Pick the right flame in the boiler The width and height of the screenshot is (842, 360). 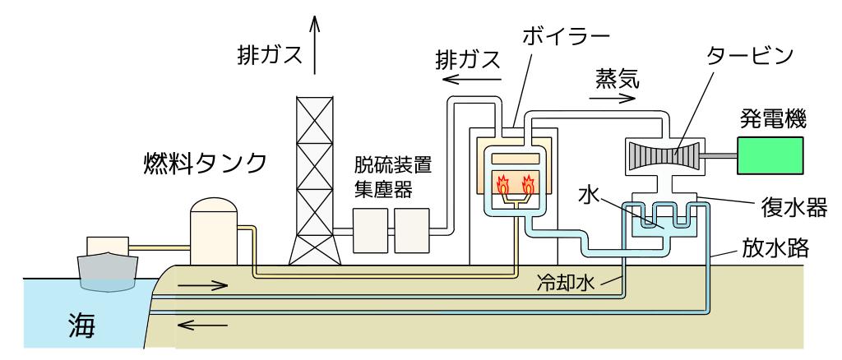coord(526,183)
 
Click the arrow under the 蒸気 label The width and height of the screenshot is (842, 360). coord(612,96)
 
